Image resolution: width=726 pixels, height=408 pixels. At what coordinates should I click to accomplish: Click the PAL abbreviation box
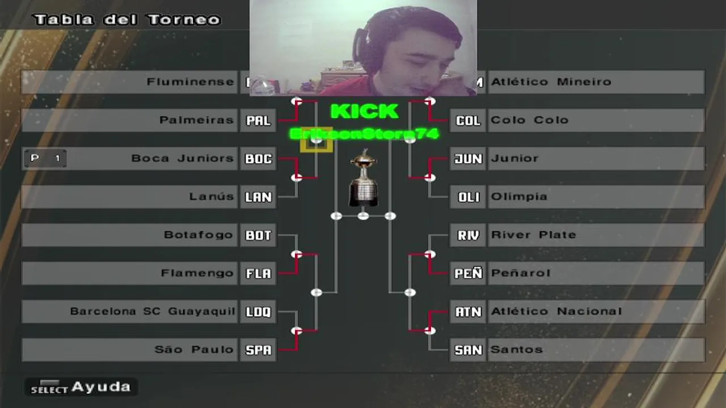pos(258,121)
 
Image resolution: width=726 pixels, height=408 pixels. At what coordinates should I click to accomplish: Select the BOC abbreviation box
pos(258,159)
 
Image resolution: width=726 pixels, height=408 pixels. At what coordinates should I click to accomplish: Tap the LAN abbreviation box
pos(258,197)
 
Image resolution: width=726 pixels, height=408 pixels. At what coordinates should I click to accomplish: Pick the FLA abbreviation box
pos(258,274)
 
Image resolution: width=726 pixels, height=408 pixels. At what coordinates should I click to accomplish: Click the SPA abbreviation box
pos(258,350)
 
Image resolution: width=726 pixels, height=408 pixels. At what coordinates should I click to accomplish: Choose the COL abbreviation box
pos(468,121)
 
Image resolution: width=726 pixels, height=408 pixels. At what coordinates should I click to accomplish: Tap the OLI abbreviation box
pos(468,197)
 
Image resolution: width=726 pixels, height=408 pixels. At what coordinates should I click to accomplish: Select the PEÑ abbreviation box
pos(468,274)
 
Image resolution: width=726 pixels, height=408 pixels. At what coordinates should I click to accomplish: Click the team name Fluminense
pos(190,82)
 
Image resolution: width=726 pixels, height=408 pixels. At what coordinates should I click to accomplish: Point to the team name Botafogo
pos(199,235)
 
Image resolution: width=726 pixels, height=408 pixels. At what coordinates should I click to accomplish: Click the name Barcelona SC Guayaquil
pos(152,311)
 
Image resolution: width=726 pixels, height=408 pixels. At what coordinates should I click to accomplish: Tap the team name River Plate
pos(533,235)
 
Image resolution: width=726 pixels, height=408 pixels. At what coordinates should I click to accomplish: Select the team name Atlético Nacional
pos(556,311)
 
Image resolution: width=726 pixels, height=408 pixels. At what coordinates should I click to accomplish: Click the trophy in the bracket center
pos(364,178)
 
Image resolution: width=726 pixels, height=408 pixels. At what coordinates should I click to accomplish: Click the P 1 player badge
pos(45,159)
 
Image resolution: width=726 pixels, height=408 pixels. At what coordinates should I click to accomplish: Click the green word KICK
pos(364,112)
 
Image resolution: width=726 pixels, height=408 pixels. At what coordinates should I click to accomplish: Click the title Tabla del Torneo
pos(127,20)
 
